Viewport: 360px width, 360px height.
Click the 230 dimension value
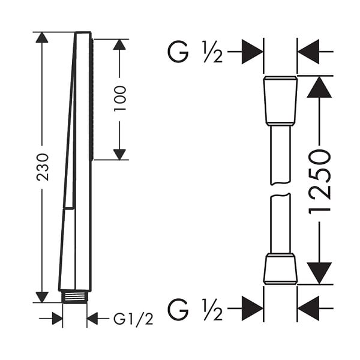click(x=43, y=167)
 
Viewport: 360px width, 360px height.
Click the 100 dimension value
click(x=120, y=98)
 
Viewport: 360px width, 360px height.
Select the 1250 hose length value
click(x=320, y=182)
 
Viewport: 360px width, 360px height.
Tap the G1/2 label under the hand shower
click(x=133, y=319)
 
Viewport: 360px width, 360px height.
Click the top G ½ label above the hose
click(x=196, y=52)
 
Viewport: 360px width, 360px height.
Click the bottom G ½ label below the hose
click(x=196, y=309)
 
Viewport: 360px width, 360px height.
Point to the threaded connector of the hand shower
click(x=74, y=297)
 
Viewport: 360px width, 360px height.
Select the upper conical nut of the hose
click(x=280, y=101)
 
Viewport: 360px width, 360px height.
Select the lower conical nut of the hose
click(x=280, y=269)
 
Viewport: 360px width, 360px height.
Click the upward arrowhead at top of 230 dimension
click(x=42, y=38)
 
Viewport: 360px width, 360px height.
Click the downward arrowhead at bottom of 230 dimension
click(x=42, y=297)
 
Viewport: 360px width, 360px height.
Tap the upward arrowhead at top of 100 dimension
click(x=119, y=44)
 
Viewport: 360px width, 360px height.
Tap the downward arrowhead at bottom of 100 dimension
click(x=119, y=154)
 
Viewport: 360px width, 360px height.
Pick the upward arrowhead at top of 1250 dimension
click(x=319, y=87)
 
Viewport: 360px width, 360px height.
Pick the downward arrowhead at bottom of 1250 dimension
click(x=319, y=273)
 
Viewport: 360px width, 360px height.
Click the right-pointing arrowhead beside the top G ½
click(x=253, y=52)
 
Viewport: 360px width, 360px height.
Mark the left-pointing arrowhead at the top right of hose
click(x=308, y=52)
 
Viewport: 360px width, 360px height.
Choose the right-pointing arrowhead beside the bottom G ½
click(x=253, y=308)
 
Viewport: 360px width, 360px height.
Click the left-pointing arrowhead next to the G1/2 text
click(x=92, y=319)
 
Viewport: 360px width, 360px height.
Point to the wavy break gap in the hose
click(x=281, y=189)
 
